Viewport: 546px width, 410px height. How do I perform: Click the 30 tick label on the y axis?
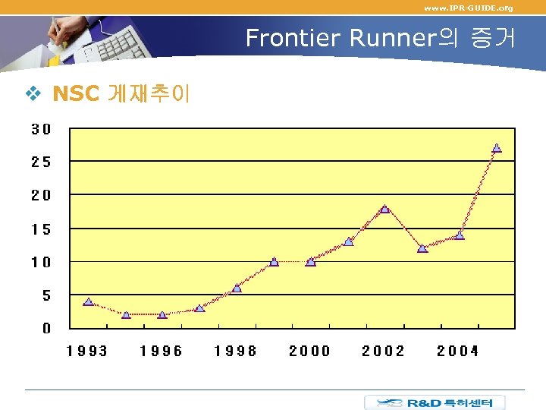(41, 129)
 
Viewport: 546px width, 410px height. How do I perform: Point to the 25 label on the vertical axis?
(41, 162)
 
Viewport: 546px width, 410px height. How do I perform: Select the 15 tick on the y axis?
(41, 229)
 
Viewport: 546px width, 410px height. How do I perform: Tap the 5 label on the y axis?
(46, 295)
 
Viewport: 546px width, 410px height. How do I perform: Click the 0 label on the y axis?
(47, 328)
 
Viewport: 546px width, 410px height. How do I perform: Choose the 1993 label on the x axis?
(87, 350)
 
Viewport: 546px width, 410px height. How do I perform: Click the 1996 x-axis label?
(162, 350)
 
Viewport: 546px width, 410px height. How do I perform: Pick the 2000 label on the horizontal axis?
(309, 350)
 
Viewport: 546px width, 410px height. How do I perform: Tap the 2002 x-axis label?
(383, 350)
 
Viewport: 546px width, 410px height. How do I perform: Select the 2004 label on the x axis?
(457, 350)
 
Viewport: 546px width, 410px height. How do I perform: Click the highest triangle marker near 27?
(497, 148)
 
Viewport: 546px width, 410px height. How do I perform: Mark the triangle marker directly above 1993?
(88, 301)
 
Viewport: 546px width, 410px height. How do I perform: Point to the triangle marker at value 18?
(384, 208)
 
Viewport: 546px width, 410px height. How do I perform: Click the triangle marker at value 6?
(237, 288)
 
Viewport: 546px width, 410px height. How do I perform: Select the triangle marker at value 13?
(348, 241)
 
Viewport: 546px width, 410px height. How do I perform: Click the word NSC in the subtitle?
(76, 93)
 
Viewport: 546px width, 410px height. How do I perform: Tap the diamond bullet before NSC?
(33, 93)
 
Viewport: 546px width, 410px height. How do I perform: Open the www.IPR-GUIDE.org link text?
(468, 8)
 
